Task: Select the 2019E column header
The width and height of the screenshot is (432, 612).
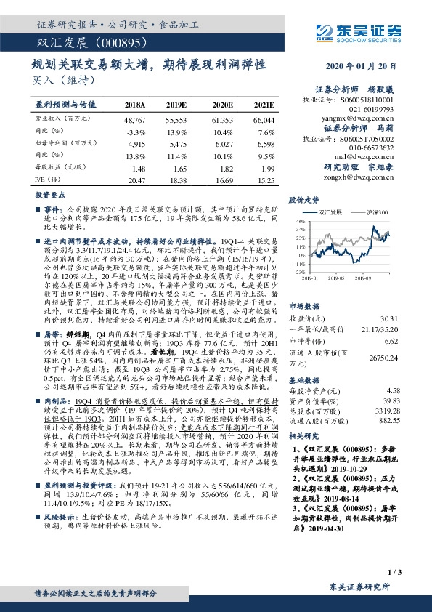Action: (176, 105)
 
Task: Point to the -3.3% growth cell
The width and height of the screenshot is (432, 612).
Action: (136, 132)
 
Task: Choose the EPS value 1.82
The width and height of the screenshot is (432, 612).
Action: (224, 166)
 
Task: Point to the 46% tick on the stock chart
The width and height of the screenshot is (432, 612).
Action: (299, 220)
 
